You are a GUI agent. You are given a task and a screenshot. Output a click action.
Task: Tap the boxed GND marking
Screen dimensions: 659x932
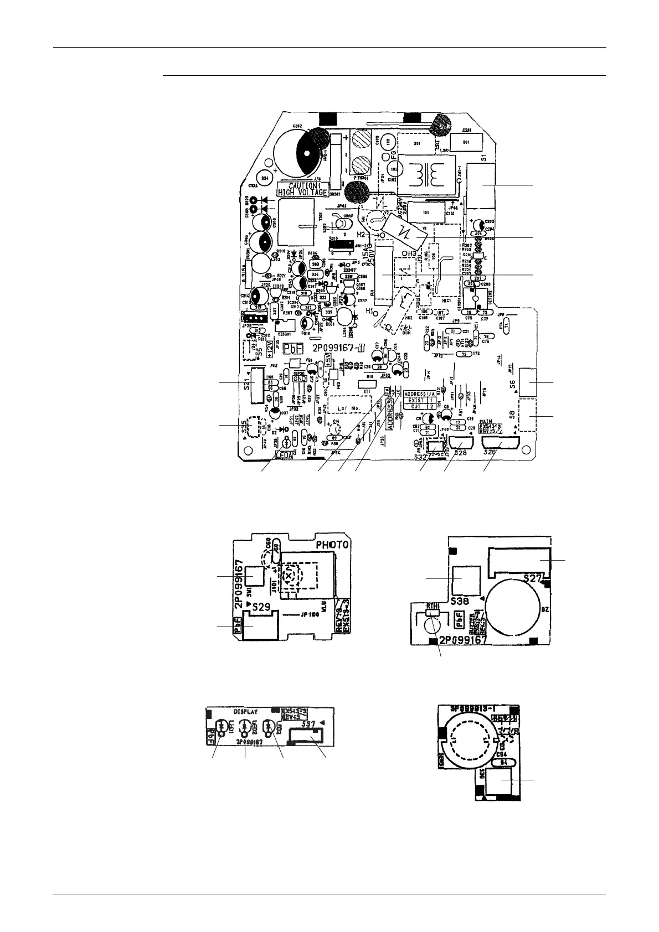click(300, 379)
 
